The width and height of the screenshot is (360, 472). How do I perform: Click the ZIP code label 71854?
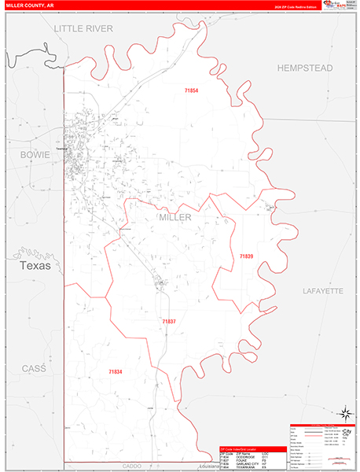tap(192, 92)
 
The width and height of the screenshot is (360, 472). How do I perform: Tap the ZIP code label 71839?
tap(247, 256)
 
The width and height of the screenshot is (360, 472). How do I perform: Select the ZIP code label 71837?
tap(169, 322)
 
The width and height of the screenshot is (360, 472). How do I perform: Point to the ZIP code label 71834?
tap(116, 371)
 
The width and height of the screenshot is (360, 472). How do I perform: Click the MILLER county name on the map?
tap(174, 217)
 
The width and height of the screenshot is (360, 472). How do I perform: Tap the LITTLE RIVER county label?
tap(83, 28)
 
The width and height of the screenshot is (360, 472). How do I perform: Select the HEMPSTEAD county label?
tap(305, 68)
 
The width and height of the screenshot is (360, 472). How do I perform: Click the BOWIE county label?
tap(35, 155)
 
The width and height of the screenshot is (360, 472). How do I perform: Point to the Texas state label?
tap(31, 266)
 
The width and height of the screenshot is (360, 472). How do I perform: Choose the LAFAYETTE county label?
tap(323, 291)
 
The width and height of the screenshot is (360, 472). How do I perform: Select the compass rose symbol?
tap(344, 412)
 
